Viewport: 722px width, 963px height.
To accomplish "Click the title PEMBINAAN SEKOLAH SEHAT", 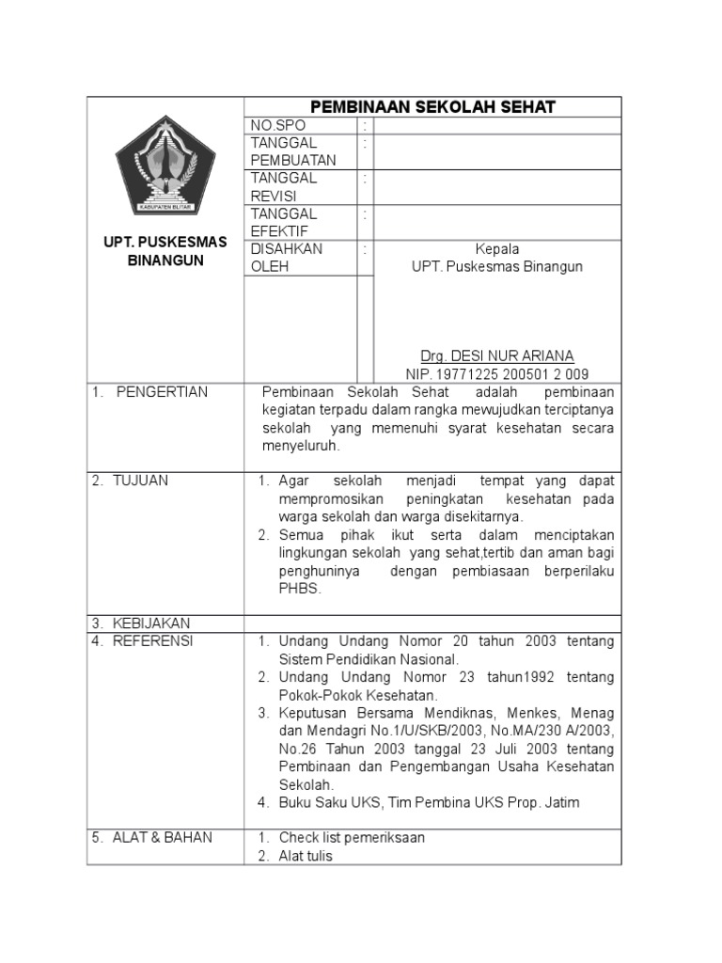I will coord(432,107).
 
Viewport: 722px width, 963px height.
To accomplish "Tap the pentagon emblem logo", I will coord(165,166).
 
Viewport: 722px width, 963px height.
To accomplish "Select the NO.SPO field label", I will coord(278,125).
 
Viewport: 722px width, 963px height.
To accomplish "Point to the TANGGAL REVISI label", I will coord(284,187).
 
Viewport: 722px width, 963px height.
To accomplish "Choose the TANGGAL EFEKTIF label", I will coord(284,223).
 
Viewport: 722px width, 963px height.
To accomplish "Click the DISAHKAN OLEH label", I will coord(287,258).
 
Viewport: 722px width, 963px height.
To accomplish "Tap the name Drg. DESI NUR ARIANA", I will coord(496,355).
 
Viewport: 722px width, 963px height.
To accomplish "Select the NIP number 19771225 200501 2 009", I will coord(497,373).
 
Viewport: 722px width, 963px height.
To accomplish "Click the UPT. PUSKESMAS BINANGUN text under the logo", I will coord(165,251).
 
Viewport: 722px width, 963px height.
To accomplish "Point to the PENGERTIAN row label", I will coord(162,392).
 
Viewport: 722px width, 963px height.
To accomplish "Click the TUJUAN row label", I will coord(140,481).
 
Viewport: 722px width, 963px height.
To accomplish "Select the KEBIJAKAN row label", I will coord(150,624).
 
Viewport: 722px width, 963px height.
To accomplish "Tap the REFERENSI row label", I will coord(152,641).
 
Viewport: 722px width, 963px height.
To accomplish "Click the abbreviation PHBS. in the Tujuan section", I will coord(300,589).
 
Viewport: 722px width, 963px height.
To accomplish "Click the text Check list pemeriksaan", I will coord(352,838).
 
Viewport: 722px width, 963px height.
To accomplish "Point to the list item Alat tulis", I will coord(306,856).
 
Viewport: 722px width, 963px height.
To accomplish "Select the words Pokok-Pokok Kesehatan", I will coord(358,695).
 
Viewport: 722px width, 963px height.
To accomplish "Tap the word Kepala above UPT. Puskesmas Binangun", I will coord(497,249).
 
